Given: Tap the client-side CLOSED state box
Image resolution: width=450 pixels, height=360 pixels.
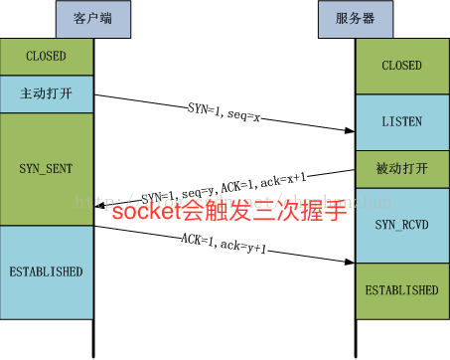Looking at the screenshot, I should [46, 57].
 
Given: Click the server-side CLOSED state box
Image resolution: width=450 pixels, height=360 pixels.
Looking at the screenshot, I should [401, 67].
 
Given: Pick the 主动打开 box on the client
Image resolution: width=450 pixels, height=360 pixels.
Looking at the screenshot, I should [46, 94].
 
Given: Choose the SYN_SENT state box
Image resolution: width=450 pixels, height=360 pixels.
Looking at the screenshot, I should [46, 168].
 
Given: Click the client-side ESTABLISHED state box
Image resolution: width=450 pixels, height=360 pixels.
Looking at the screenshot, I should [46, 270].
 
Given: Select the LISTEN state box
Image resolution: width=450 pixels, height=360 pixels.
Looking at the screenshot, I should [401, 121].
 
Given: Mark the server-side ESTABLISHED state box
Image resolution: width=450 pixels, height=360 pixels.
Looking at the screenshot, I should [401, 291].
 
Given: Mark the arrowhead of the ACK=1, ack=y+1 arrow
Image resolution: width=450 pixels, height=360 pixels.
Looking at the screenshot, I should [351, 264].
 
